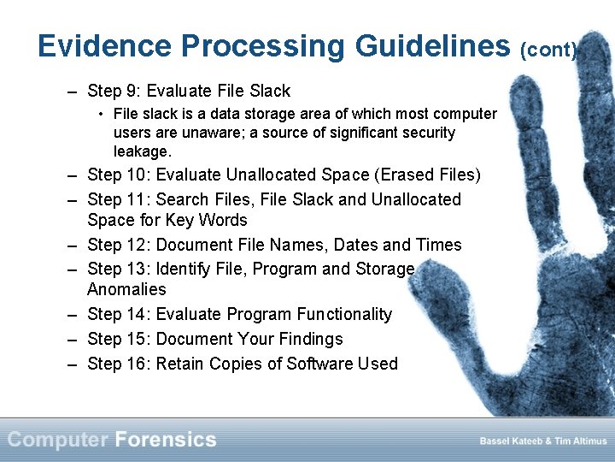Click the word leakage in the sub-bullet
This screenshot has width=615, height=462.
143,151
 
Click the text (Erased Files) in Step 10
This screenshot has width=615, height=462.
429,175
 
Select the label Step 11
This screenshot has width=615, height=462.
122,199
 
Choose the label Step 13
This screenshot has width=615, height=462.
122,269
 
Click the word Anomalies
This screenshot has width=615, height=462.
126,289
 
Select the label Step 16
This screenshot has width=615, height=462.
122,364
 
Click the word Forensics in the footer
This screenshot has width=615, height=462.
166,440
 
